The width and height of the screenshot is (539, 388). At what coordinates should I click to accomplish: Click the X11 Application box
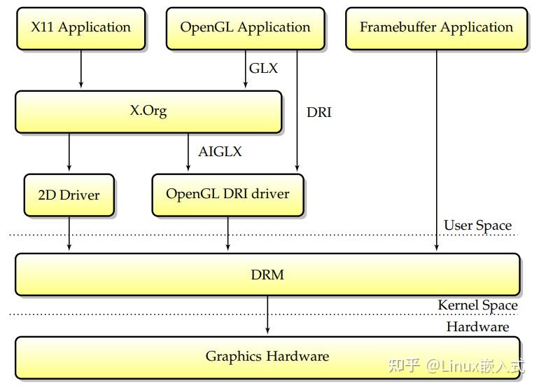(x=80, y=28)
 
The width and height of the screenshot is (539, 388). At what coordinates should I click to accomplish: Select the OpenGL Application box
(x=245, y=28)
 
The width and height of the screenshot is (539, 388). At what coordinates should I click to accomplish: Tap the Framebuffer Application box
(x=436, y=28)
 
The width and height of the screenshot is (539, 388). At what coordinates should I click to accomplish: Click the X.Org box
(x=148, y=111)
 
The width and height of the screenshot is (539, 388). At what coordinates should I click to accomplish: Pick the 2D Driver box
(x=69, y=194)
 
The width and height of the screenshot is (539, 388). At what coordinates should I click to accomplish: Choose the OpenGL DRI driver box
(x=227, y=194)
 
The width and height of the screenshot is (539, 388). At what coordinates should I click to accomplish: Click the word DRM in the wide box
(x=267, y=275)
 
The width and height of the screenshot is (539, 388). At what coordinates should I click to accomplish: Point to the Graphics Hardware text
(x=267, y=356)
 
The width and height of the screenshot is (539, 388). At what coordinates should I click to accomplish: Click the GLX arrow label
(x=263, y=69)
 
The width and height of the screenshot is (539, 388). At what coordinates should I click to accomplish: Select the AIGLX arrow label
(x=220, y=151)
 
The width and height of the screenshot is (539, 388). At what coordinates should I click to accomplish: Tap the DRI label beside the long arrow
(x=318, y=112)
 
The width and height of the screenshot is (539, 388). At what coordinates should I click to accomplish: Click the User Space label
(x=477, y=226)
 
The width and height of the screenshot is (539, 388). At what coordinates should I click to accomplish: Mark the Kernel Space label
(x=477, y=305)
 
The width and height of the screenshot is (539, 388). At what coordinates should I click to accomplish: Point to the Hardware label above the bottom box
(x=477, y=327)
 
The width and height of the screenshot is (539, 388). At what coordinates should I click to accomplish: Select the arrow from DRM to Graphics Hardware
(x=267, y=315)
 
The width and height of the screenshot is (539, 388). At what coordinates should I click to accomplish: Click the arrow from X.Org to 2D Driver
(x=69, y=152)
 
